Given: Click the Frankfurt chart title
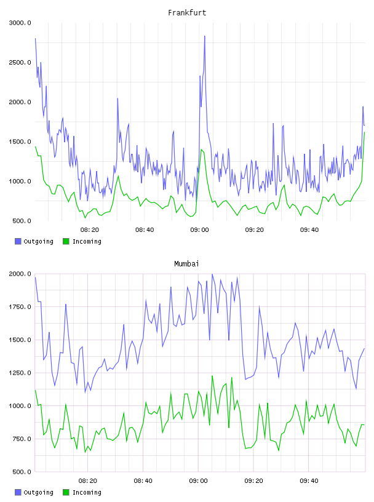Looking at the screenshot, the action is coord(187,13).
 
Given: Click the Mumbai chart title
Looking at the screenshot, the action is coord(186,264).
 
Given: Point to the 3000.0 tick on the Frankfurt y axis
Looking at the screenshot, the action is coord(20,23).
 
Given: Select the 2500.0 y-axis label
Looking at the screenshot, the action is coord(20,62).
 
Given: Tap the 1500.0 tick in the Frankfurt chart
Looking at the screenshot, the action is coord(20,142).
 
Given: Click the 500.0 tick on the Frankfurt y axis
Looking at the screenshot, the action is coord(22,221).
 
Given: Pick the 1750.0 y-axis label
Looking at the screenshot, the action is coord(20,307).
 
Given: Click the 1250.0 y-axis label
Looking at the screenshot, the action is coord(20,373).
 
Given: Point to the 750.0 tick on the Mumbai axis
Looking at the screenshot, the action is coord(22,439).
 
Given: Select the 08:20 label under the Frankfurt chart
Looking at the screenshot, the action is coord(90,230).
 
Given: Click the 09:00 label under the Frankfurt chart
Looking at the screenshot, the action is coord(199,230).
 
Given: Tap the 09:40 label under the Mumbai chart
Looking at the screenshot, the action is coord(309,481).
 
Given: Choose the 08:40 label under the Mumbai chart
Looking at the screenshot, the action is coord(143,481).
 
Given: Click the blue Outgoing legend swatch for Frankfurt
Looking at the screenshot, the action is coord(18,241).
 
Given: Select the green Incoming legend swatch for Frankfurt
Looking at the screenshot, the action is coord(66,241).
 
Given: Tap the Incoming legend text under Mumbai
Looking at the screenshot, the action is coord(87,492).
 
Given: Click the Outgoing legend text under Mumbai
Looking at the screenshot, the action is coord(38,492).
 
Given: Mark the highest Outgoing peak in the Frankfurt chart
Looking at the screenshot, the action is coord(205,36).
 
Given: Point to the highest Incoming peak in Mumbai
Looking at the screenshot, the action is coord(212,376).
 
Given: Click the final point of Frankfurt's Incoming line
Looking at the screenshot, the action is coord(364,132).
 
